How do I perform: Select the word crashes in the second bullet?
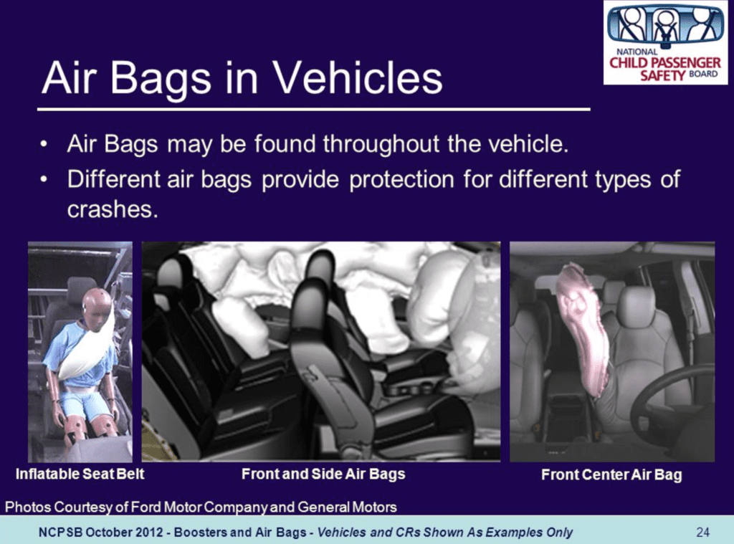click(108, 209)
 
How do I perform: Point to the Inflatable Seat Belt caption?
click(80, 474)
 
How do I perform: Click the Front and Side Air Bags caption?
click(323, 474)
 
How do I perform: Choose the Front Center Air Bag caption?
click(611, 474)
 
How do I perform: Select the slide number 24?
click(702, 532)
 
